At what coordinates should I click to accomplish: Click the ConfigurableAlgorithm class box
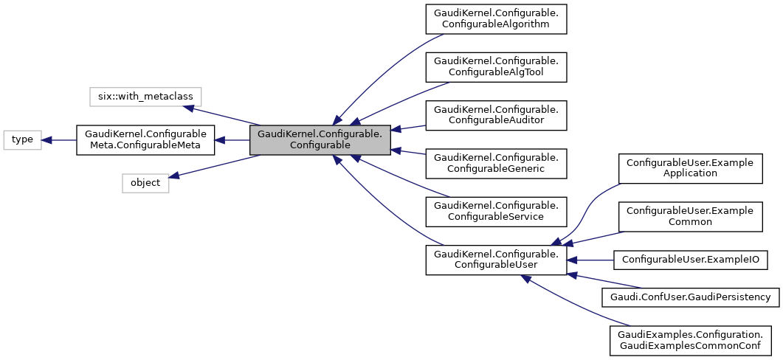(496, 18)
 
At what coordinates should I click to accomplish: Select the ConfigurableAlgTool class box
(496, 66)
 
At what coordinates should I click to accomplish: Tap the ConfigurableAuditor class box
(496, 115)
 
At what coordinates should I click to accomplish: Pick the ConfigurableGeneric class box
(496, 163)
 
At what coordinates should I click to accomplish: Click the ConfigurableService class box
(496, 211)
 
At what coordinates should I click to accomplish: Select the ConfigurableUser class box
(496, 260)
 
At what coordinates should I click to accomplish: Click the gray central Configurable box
(320, 139)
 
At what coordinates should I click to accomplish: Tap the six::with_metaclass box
(145, 96)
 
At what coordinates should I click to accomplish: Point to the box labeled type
(22, 139)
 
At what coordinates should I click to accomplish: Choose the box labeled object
(145, 183)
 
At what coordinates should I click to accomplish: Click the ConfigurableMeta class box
(145, 139)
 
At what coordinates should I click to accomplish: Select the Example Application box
(689, 168)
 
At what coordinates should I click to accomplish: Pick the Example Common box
(689, 216)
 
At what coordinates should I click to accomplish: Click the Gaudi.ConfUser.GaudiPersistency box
(690, 297)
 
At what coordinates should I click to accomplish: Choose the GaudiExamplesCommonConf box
(690, 340)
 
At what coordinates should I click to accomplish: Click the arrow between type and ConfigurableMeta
(59, 139)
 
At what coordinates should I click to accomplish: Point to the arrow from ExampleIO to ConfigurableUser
(590, 260)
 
